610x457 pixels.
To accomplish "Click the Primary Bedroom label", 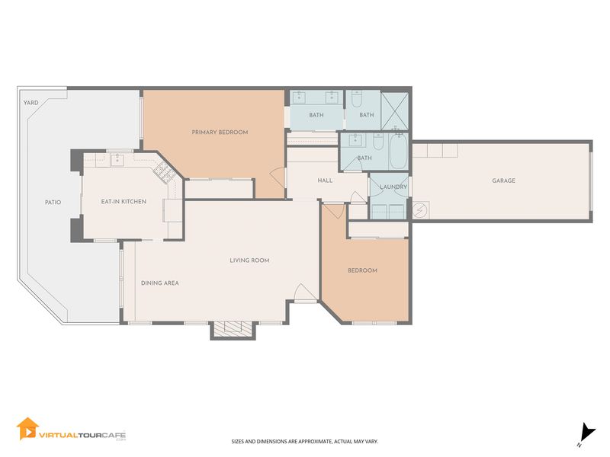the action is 220,132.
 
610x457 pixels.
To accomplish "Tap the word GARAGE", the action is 503,181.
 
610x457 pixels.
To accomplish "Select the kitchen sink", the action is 117,159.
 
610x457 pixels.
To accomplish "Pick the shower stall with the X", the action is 394,111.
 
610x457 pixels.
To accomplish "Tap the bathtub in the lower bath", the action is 398,151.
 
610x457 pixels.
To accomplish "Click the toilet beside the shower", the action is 356,99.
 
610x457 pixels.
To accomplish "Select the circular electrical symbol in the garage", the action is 420,210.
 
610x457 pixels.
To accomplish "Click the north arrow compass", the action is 586,433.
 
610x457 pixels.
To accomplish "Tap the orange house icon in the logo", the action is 27,429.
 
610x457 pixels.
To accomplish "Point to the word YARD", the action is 30,103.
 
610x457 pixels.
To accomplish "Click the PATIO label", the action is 53,203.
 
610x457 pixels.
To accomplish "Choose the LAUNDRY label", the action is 393,187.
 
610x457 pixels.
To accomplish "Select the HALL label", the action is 325,181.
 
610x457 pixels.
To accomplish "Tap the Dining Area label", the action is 160,283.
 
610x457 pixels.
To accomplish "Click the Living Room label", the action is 249,260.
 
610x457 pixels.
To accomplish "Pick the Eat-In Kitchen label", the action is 124,202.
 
